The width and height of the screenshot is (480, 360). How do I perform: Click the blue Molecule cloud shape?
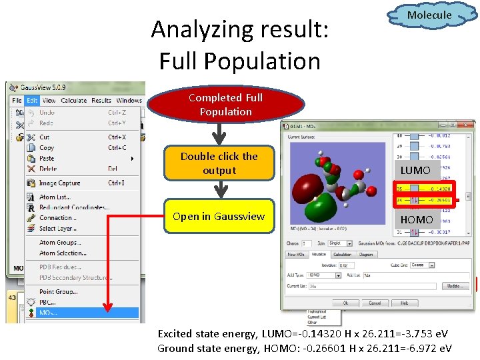pyautogui.click(x=429, y=15)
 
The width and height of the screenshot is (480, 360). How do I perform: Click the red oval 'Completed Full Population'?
pyautogui.click(x=225, y=105)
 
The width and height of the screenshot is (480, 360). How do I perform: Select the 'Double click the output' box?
pyautogui.click(x=219, y=163)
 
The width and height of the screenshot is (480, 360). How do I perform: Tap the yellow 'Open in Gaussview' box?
pyautogui.click(x=219, y=216)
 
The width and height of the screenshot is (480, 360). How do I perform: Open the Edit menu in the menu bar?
pyautogui.click(x=33, y=101)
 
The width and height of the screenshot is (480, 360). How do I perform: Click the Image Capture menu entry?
pyautogui.click(x=59, y=183)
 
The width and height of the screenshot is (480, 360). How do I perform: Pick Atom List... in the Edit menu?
pyautogui.click(x=55, y=197)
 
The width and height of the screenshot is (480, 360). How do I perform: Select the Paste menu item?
pyautogui.click(x=47, y=158)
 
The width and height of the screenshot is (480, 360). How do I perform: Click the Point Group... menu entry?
pyautogui.click(x=58, y=291)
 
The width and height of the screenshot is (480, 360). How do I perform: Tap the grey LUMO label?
pyautogui.click(x=415, y=171)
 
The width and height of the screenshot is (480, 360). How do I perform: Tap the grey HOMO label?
pyautogui.click(x=416, y=219)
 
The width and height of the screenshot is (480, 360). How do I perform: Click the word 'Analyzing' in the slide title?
pyautogui.click(x=193, y=30)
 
